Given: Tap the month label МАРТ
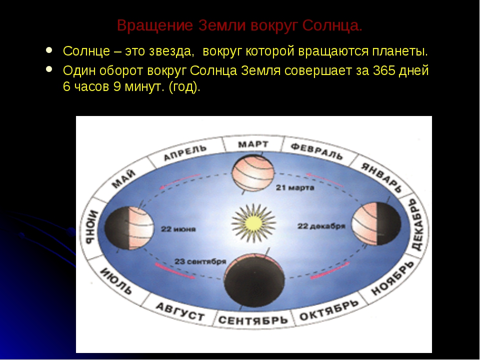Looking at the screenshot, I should pyautogui.click(x=252, y=145).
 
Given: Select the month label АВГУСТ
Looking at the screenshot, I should pyautogui.click(x=180, y=311).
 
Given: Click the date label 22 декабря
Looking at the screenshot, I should pyautogui.click(x=321, y=226).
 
